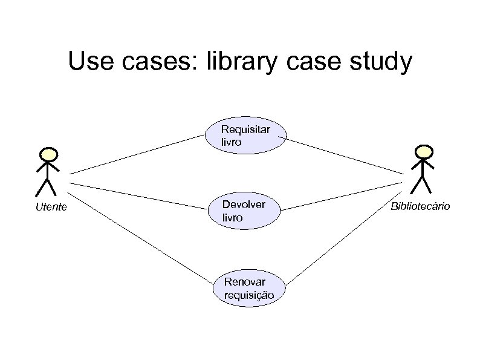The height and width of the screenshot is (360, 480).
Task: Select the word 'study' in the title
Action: (381, 62)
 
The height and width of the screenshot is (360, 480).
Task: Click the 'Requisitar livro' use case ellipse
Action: (245, 136)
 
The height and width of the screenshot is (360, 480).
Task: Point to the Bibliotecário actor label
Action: (420, 206)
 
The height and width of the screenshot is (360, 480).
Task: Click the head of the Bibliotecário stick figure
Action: (425, 150)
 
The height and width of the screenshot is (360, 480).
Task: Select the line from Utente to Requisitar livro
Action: (136, 154)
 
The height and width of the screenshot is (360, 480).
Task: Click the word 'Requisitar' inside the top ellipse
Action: (246, 129)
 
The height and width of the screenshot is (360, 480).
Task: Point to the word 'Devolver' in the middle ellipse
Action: (244, 205)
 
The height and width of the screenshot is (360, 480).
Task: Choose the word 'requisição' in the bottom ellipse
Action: (248, 295)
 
